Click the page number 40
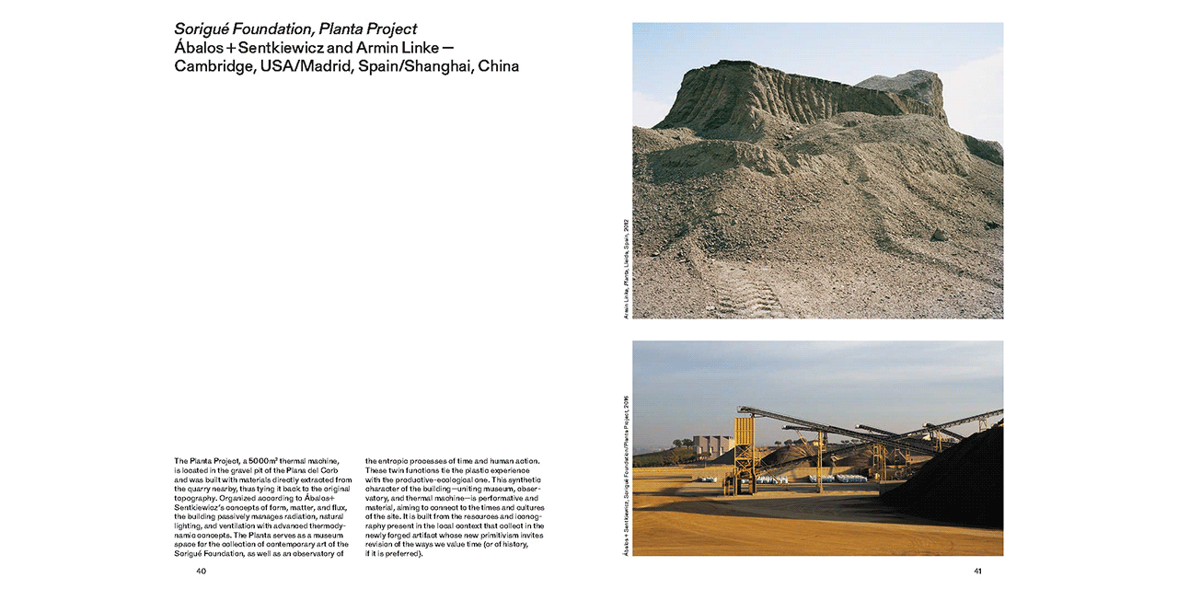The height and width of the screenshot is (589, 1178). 201,571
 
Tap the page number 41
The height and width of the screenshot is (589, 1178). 977,571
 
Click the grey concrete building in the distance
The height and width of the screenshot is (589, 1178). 711,445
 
